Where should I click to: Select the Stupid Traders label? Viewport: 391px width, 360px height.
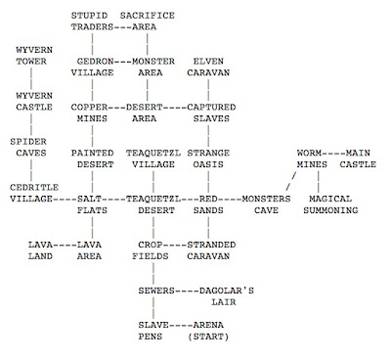click(92, 22)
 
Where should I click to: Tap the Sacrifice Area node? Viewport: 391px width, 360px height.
click(148, 22)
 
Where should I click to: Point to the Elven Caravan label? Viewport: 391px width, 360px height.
click(208, 67)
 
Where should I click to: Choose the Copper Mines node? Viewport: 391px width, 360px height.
click(89, 112)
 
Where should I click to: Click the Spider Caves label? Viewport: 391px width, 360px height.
click(28, 147)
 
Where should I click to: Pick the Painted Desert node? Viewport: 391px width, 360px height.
click(92, 158)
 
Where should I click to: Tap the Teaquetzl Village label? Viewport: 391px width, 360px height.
click(153, 158)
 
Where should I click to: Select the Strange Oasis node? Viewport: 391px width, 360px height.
click(208, 158)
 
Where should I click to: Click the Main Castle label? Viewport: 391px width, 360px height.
click(358, 158)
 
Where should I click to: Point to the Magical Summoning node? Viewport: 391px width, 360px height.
click(330, 204)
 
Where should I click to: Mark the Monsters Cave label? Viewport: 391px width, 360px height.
click(266, 204)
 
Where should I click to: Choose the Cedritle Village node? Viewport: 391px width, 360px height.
click(34, 193)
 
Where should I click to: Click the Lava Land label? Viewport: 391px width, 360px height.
click(40, 250)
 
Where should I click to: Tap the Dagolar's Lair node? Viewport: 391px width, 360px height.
click(227, 296)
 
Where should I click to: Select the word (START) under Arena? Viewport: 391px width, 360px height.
click(208, 337)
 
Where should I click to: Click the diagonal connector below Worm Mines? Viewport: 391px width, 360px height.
click(291, 182)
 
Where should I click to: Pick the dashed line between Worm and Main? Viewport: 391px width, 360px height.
click(333, 153)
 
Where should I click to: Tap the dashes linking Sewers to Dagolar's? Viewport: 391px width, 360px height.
click(187, 291)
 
